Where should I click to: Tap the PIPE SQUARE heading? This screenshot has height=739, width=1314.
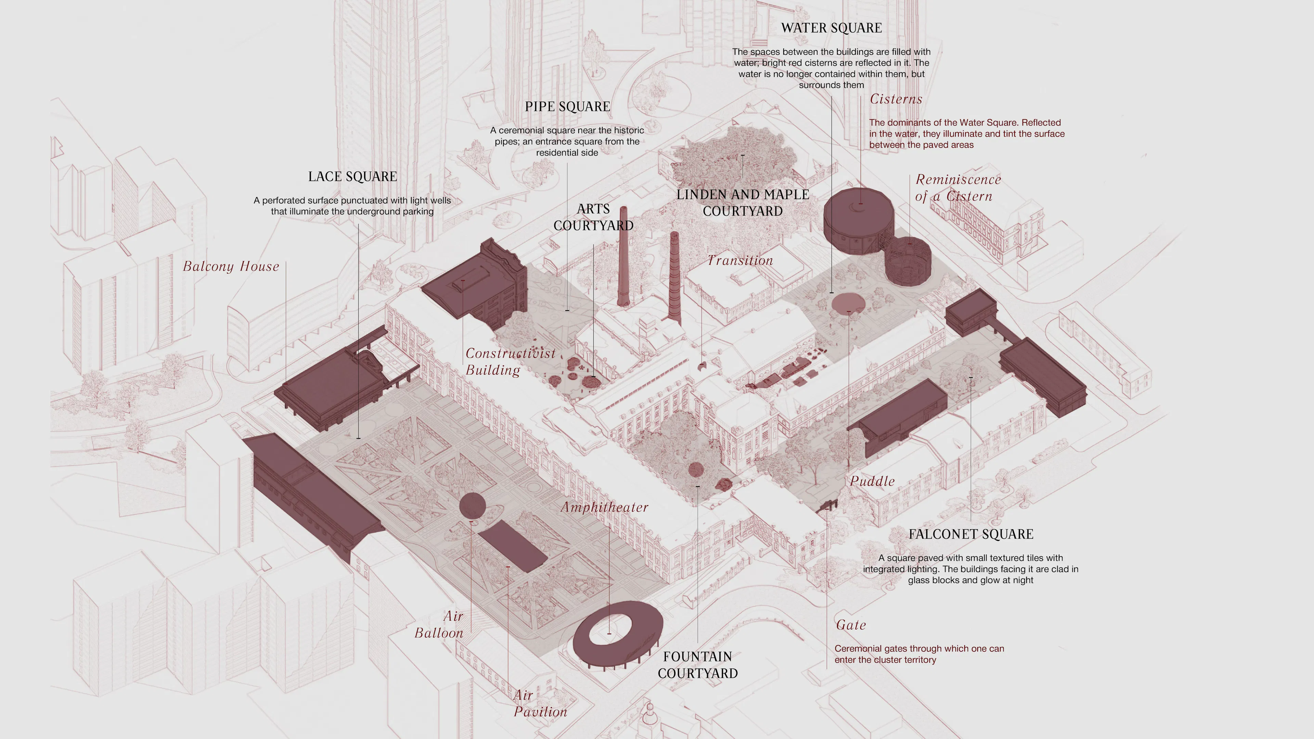pos(567,107)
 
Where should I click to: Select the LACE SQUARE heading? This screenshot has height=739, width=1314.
pos(352,177)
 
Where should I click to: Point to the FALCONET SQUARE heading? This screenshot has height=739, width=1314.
pos(971,534)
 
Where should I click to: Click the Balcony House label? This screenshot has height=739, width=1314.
pos(231,266)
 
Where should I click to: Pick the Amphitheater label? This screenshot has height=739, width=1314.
pos(604,507)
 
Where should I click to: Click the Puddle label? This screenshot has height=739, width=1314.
pos(872,481)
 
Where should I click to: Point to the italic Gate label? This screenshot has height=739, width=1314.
pos(850,625)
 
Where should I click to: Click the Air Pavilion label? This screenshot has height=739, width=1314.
pos(540,703)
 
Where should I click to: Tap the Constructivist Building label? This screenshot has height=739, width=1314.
pos(510,361)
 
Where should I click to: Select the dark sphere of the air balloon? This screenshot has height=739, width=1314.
pos(472,505)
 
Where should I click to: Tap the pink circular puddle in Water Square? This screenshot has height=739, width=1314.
pos(848,304)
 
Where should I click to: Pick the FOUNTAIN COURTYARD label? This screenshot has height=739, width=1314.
pos(697,664)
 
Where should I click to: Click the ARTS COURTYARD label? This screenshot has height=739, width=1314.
pos(593,217)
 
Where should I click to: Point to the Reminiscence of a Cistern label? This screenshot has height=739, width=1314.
pos(957,188)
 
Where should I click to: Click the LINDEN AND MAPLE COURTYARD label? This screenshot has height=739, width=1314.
pos(743,203)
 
